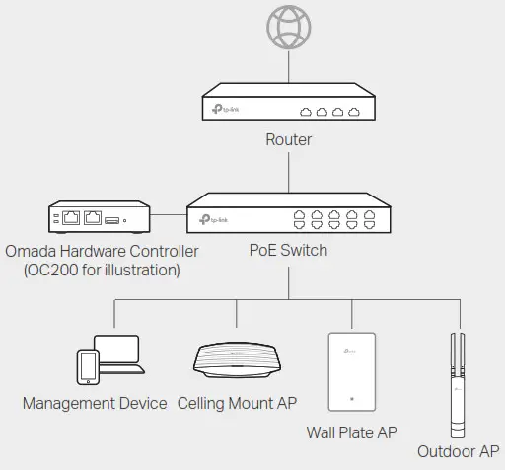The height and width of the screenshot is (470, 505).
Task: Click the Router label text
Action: (288, 139)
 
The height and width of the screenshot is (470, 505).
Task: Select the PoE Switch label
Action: (288, 250)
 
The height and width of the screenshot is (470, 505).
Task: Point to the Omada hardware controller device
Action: (99, 216)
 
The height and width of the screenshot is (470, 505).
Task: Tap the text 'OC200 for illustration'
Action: (101, 270)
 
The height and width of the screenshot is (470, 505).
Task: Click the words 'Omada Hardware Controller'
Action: (102, 251)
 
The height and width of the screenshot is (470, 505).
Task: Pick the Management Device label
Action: (96, 403)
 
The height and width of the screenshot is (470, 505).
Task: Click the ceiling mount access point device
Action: (237, 360)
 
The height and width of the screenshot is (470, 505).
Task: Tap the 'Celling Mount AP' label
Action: (237, 403)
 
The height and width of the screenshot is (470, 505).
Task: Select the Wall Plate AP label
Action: (352, 431)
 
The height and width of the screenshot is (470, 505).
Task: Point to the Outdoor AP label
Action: (458, 451)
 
